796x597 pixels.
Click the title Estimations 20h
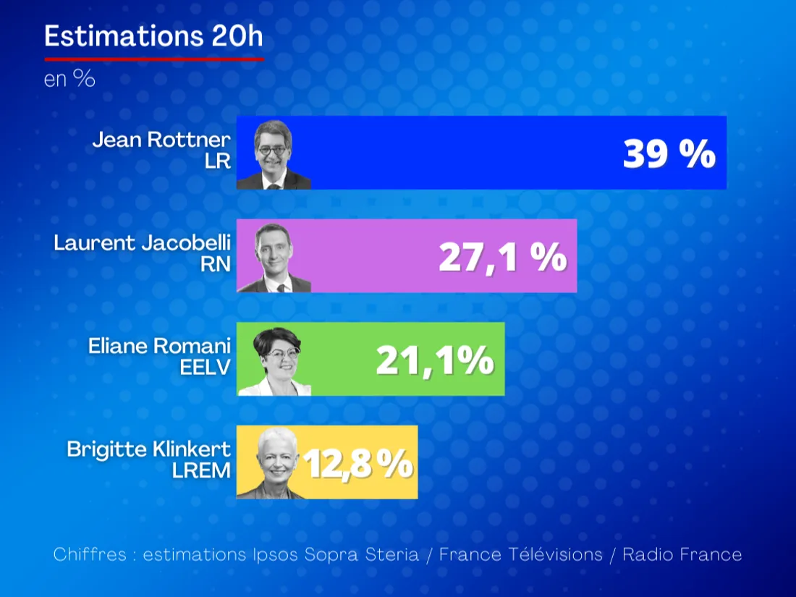tap(153, 36)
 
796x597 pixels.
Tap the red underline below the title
tap(153, 59)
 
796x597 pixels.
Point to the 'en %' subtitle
tap(69, 79)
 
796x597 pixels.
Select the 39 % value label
tap(669, 154)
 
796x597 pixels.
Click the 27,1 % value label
tap(502, 257)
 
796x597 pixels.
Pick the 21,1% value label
tap(435, 360)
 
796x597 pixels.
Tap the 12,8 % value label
tap(358, 464)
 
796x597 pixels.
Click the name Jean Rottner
tap(161, 140)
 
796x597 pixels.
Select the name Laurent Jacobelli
tap(142, 243)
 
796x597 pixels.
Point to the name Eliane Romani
tap(159, 346)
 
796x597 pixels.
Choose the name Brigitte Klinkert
tap(149, 449)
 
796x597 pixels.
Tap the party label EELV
tap(205, 368)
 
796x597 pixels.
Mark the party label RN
tap(216, 264)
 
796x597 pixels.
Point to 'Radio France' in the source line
tap(682, 555)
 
